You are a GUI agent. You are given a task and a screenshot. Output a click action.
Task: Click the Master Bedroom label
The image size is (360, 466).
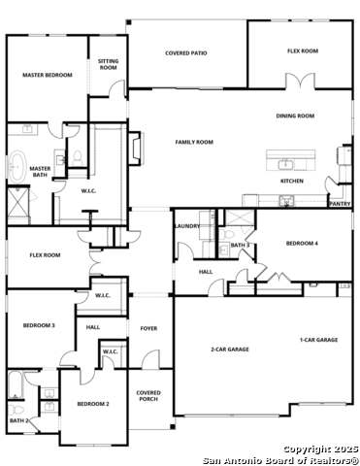pyautogui.click(x=47, y=75)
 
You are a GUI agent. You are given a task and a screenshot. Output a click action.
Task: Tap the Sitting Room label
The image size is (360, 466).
pyautogui.click(x=109, y=65)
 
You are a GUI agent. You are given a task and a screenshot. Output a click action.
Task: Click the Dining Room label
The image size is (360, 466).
pyautogui.click(x=295, y=116)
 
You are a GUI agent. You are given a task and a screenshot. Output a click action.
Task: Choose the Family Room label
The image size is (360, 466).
pyautogui.click(x=194, y=142)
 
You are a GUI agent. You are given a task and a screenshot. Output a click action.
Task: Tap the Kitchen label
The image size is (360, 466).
pyautogui.click(x=292, y=181)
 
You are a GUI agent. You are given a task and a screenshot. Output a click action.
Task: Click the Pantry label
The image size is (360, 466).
pyautogui.click(x=340, y=204)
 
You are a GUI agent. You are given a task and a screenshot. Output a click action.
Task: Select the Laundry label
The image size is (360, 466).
pyautogui.click(x=187, y=226)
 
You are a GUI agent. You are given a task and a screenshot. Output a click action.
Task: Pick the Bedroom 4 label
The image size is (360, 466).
pyautogui.click(x=301, y=243)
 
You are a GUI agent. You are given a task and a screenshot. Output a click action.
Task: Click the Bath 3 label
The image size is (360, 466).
pyautogui.click(x=241, y=246)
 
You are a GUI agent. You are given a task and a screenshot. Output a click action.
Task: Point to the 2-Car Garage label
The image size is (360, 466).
pyautogui.click(x=230, y=349)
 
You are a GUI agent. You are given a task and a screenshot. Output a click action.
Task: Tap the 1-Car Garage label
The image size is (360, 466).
pyautogui.click(x=318, y=340)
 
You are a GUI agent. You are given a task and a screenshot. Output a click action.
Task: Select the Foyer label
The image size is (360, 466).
pyautogui.click(x=148, y=328)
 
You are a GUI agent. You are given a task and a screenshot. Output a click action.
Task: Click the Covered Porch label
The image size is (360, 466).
pyautogui.click(x=148, y=396)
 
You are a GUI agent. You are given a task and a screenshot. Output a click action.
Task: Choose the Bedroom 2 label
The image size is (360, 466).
pyautogui.click(x=93, y=403)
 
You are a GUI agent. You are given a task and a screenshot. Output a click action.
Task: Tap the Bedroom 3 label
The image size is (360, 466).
pyautogui.click(x=38, y=325)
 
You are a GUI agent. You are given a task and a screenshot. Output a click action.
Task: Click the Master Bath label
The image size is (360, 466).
pyautogui.click(x=40, y=172)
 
